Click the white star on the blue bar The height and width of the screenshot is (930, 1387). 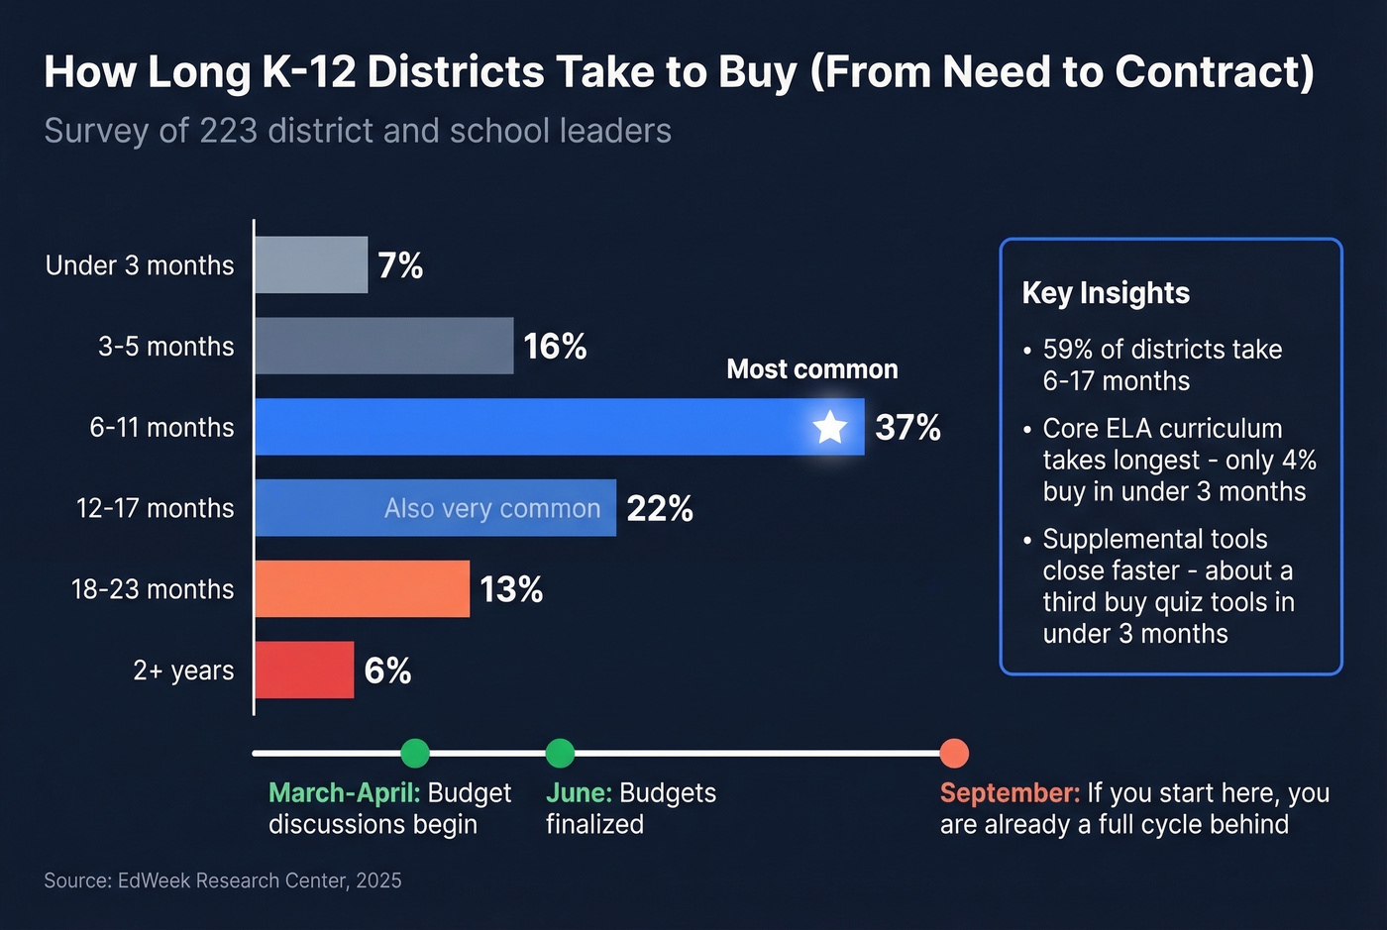829,428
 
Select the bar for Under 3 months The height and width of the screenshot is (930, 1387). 311,265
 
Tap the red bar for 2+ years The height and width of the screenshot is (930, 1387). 304,671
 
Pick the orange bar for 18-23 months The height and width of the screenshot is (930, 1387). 362,589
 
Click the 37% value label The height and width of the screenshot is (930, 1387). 907,428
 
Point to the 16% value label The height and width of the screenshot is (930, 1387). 555,347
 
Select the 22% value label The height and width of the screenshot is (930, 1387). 660,509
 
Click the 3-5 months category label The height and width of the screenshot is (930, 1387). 166,347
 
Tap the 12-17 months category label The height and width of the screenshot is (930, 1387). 156,509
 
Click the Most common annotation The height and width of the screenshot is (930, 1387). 811,369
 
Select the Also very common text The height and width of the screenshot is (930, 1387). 492,509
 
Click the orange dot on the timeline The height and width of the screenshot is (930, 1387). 953,753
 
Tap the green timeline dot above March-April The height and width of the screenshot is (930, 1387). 415,753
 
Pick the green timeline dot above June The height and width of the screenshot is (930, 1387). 560,753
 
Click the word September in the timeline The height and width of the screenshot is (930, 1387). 1009,793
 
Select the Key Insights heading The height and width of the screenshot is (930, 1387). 1106,293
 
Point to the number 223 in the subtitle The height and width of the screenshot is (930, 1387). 228,131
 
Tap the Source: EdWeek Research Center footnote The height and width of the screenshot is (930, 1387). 223,880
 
